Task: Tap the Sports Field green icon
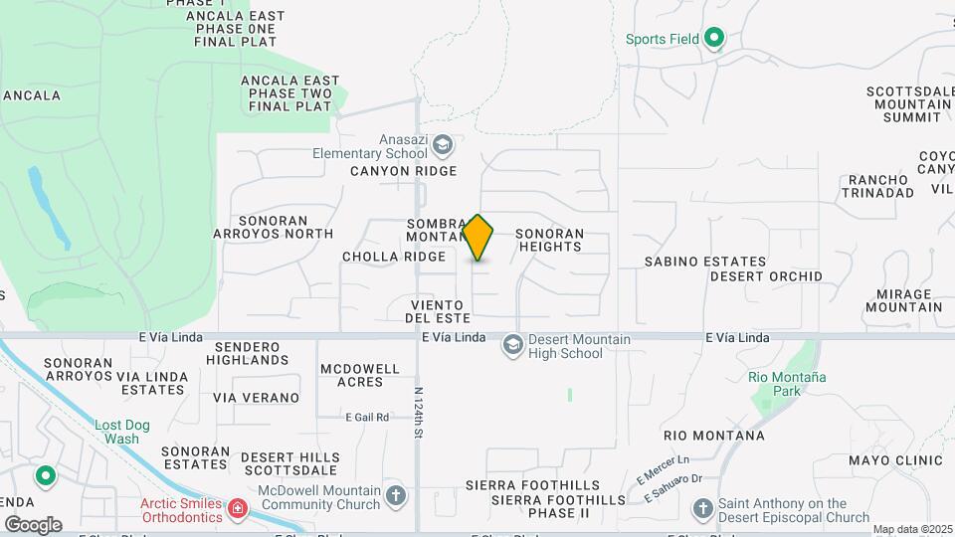[713, 40]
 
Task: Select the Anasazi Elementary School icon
[443, 147]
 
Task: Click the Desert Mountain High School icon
[513, 345]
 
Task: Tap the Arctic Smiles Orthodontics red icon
[237, 510]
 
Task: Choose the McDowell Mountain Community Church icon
[396, 494]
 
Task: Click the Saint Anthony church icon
[702, 510]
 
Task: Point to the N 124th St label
[419, 413]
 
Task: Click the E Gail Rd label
[366, 418]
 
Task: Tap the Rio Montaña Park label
[787, 385]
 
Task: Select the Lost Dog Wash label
[122, 432]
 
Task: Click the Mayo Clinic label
[895, 460]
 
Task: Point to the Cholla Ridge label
[394, 257]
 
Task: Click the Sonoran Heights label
[549, 240]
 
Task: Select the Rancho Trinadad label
[875, 186]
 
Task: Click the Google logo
[34, 524]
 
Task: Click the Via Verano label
[256, 398]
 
